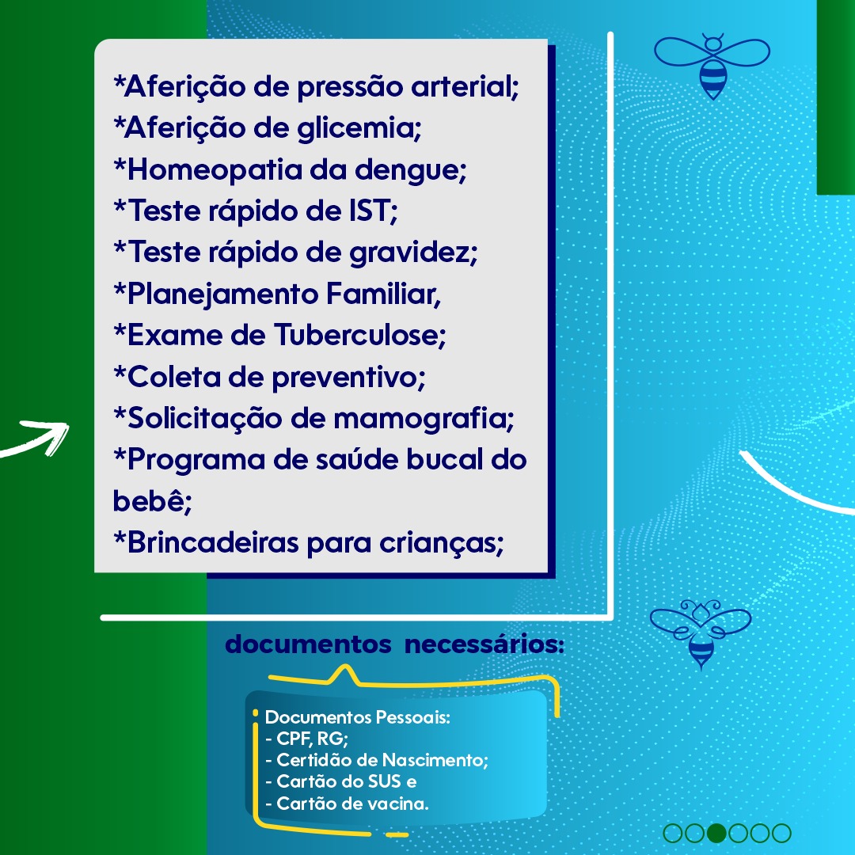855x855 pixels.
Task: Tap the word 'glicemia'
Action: tap(359, 129)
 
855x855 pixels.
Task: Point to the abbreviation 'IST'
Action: tap(373, 211)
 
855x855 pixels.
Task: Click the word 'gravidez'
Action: tap(413, 253)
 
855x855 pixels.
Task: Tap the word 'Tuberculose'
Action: tap(360, 335)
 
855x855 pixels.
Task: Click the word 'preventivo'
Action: tap(348, 378)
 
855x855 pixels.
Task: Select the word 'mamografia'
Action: tap(424, 419)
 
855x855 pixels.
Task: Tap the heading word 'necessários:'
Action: tap(484, 644)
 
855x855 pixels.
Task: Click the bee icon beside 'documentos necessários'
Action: tap(701, 633)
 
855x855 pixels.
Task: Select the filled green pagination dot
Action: tap(716, 833)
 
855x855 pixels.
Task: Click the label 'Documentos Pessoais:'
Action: tap(358, 717)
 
